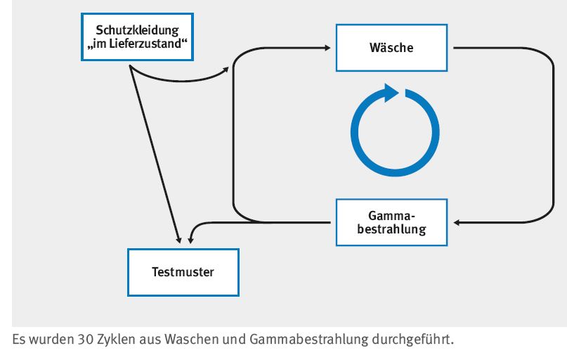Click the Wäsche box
pos(391,48)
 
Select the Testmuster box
pos(183,272)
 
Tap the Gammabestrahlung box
pos(391,222)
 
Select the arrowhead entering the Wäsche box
pos(329,48)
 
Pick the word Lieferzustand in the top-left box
pos(144,44)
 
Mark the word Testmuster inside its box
pos(183,272)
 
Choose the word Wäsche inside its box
pos(391,49)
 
